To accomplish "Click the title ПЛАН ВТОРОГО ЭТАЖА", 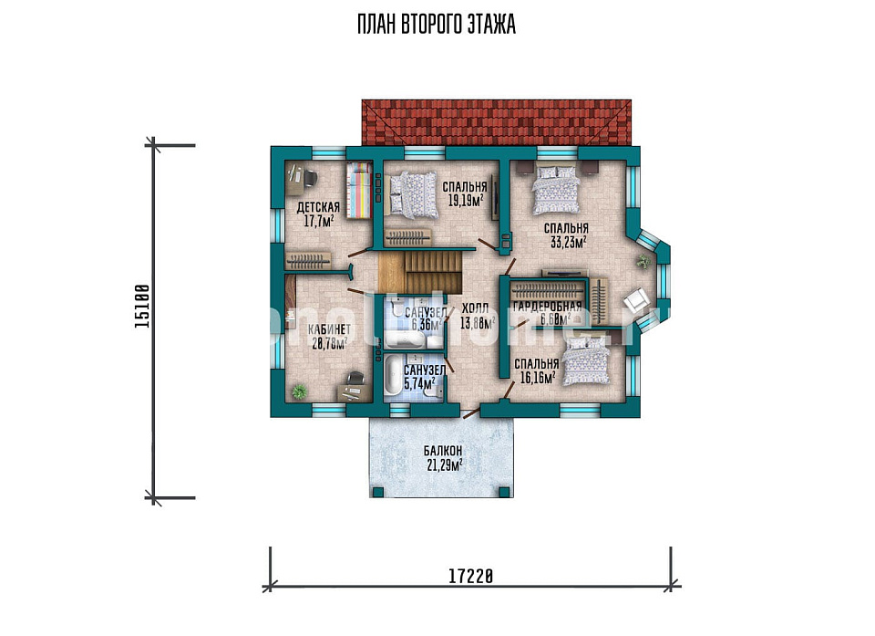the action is [x=437, y=25].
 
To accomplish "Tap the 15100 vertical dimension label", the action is [x=142, y=307].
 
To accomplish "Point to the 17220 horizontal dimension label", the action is [x=470, y=576].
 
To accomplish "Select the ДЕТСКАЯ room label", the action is [x=318, y=208].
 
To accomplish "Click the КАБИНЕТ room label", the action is [x=329, y=329].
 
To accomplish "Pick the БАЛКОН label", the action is [x=443, y=451].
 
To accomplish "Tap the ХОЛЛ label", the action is [x=476, y=308].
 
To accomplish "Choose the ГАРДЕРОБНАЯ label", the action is [x=547, y=307].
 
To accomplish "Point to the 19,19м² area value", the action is [x=466, y=200].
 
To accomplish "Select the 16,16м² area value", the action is [x=538, y=378].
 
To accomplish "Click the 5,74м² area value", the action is [x=419, y=384].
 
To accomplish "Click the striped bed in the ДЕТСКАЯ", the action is [x=359, y=190].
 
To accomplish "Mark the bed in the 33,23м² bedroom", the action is [x=555, y=188].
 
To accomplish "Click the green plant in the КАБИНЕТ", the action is [x=299, y=391].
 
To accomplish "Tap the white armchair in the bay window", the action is [x=636, y=302].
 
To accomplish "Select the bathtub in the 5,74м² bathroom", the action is [x=391, y=376].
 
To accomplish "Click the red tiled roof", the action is [x=497, y=123].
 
